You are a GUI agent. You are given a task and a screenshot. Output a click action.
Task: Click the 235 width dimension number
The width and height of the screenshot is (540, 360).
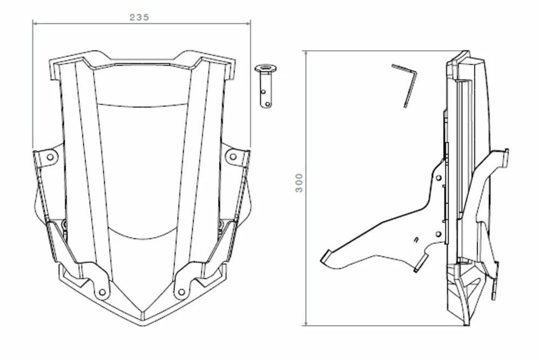coord(139,17)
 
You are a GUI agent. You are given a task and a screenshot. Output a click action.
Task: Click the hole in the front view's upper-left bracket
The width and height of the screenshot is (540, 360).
coord(50,157)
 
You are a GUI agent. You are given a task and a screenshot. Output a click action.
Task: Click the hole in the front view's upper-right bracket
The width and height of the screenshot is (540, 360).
coord(233,157)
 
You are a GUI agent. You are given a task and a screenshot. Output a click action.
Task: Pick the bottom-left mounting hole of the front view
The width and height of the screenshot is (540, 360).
coord(102,293)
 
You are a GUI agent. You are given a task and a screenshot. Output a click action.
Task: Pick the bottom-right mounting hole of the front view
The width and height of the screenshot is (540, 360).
coord(181,293)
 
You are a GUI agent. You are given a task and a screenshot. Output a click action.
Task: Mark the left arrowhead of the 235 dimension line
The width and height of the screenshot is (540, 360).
coord(35,23)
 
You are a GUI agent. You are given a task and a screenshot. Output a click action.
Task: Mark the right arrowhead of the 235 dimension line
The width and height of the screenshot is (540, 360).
coord(249,23)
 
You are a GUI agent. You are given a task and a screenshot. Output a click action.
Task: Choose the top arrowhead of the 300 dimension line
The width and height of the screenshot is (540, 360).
coord(306,52)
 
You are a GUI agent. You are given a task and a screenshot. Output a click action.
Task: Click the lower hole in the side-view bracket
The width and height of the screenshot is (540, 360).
coord(438,234)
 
